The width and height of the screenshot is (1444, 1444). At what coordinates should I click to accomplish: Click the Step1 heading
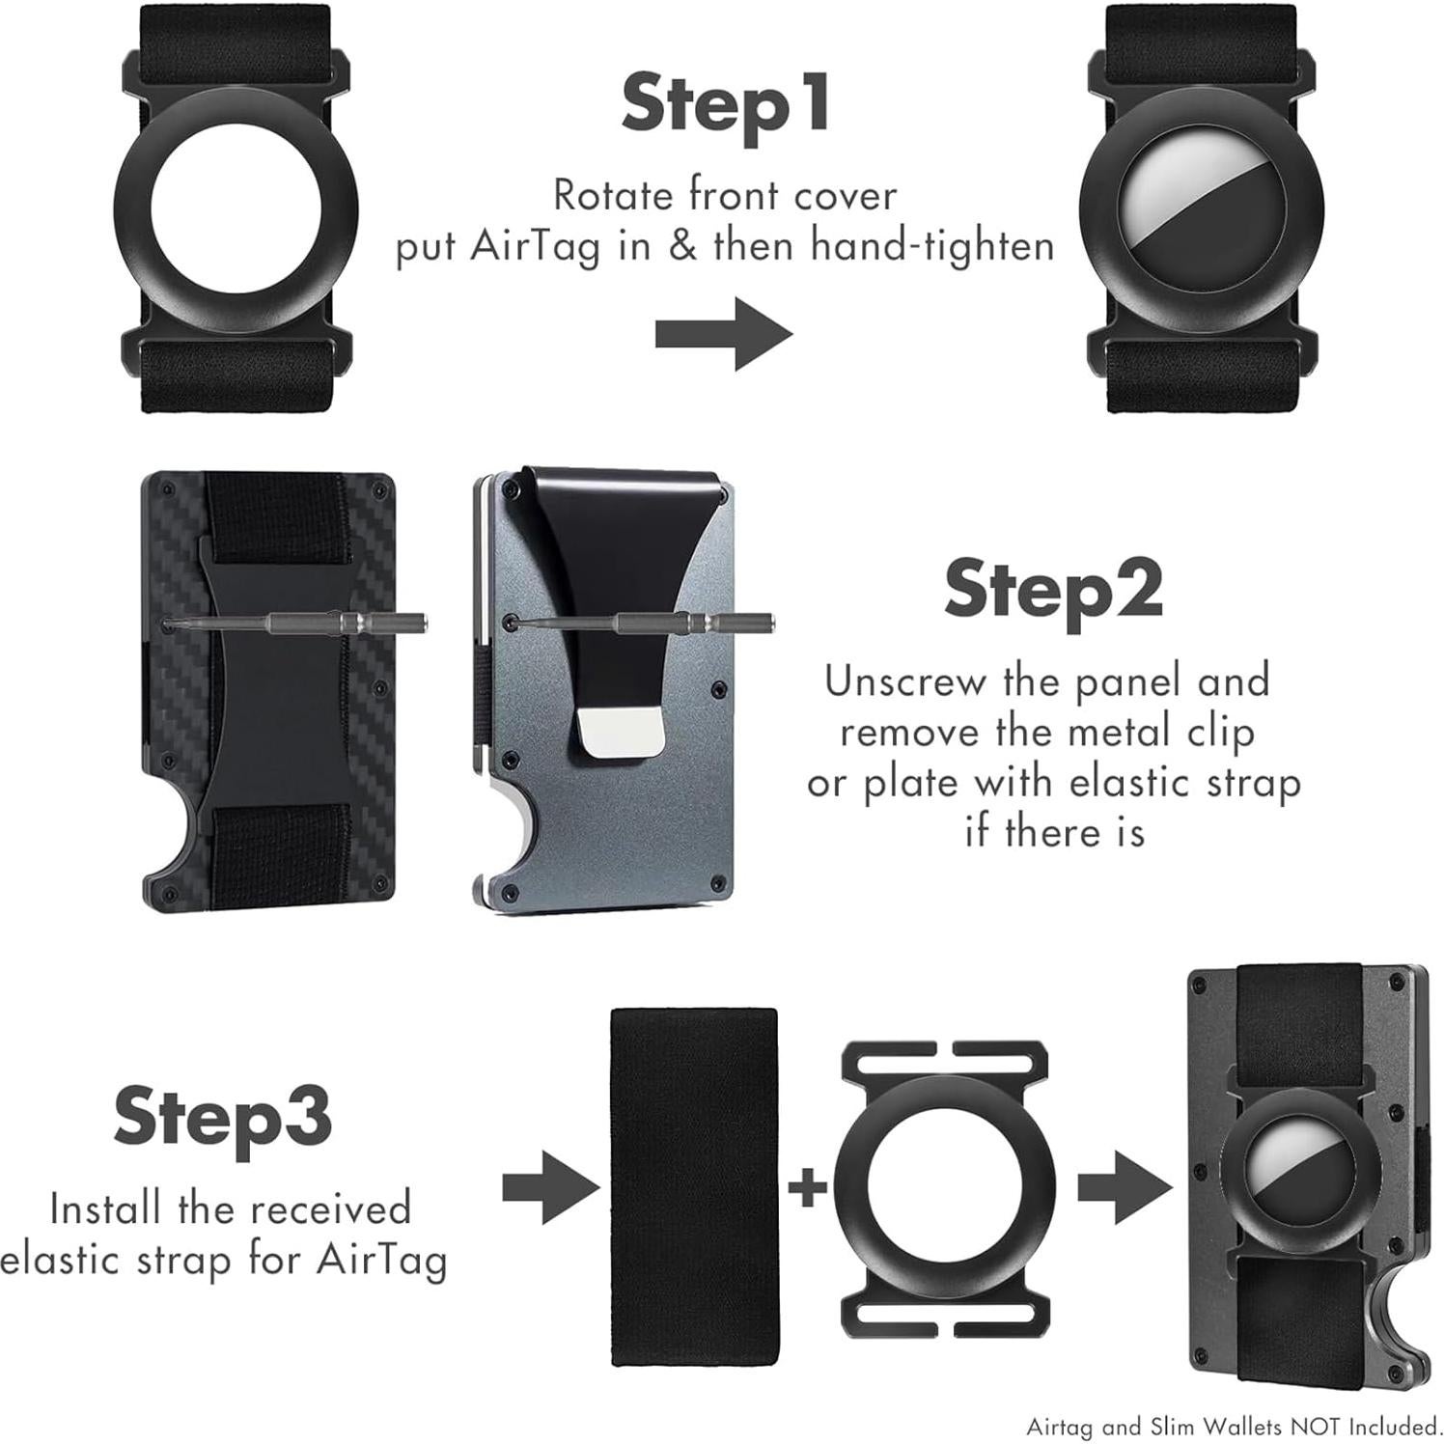726,104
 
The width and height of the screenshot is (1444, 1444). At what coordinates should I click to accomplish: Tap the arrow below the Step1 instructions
724,334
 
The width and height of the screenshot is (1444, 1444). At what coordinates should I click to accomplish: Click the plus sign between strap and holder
809,1186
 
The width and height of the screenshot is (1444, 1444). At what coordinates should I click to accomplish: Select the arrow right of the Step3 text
551,1187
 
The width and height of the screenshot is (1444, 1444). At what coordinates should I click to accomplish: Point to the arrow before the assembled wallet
1126,1187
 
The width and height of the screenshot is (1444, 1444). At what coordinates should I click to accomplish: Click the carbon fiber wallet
268,691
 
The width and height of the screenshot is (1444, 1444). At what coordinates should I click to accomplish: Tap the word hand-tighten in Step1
932,245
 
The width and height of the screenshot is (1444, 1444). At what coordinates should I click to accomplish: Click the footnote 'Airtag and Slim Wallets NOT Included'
1234,1426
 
